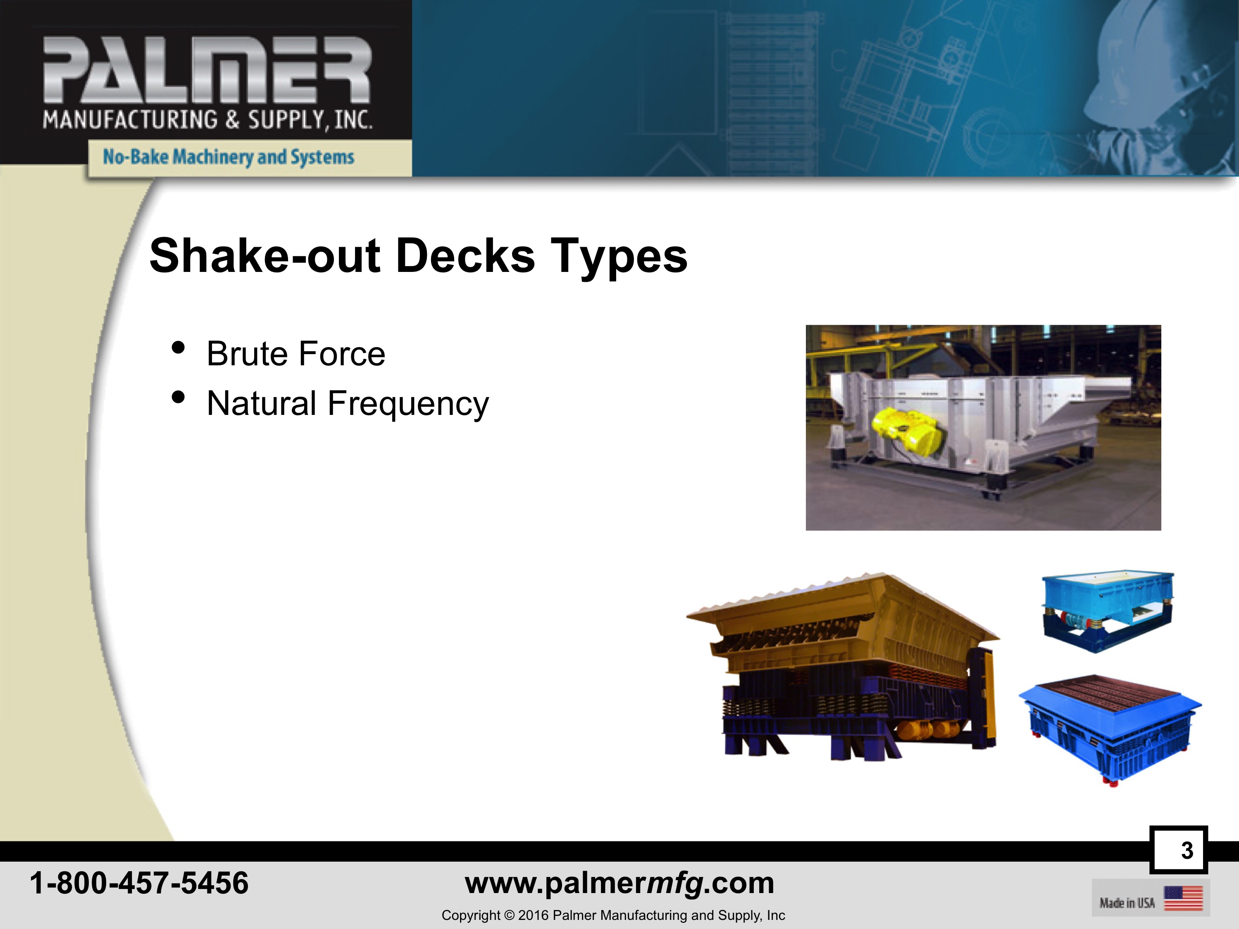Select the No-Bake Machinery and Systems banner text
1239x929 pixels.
(229, 157)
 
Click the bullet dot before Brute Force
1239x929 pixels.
(178, 348)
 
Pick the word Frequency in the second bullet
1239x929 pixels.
(408, 404)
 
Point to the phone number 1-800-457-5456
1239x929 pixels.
(139, 883)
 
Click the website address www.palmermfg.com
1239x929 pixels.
(619, 884)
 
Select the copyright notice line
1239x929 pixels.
(613, 915)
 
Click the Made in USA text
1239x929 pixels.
(1127, 903)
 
